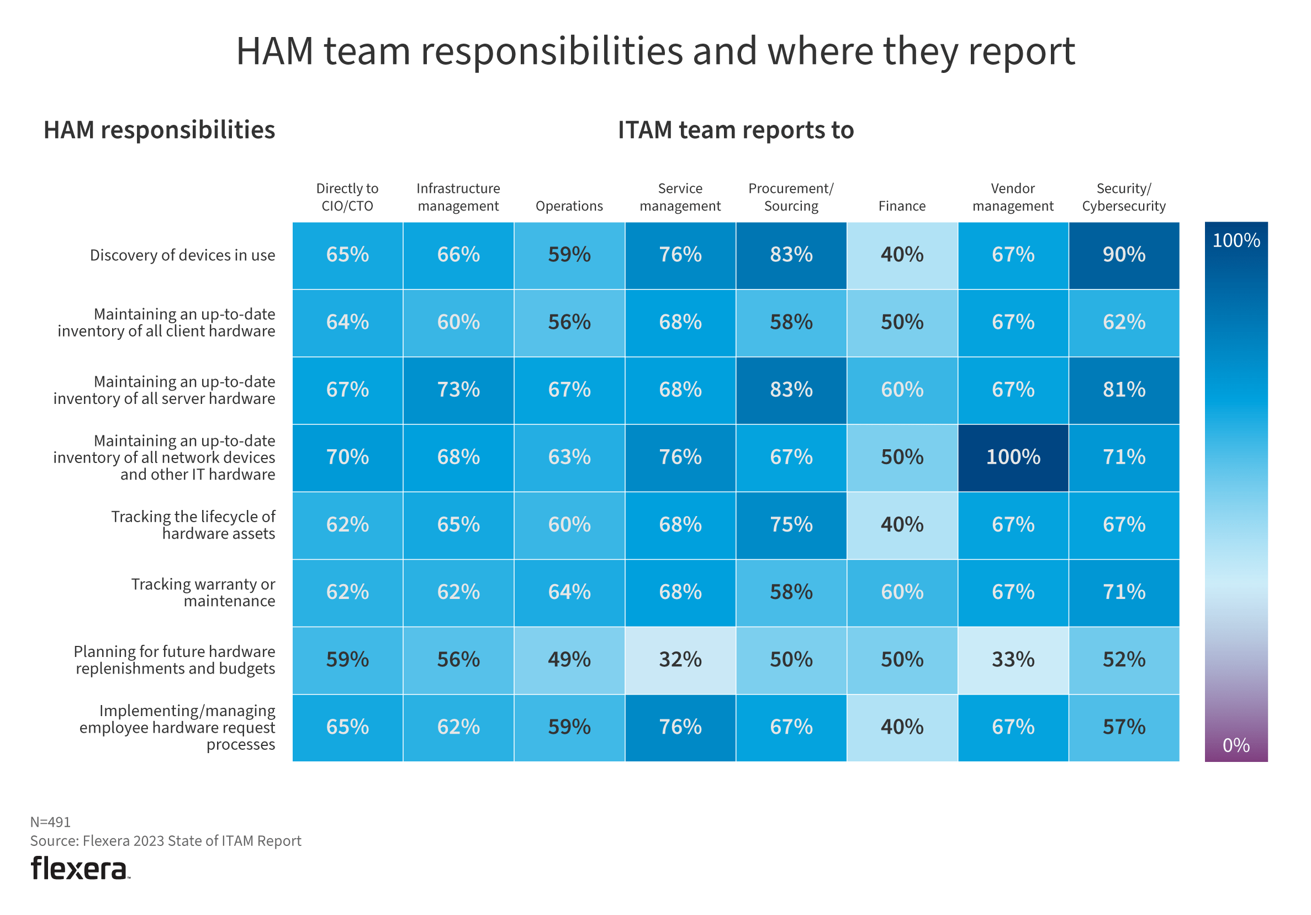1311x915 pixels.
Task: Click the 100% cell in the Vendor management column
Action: pyautogui.click(x=1012, y=457)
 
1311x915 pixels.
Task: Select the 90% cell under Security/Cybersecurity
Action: pyautogui.click(x=1123, y=255)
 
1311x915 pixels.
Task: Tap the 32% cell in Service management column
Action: pyautogui.click(x=680, y=660)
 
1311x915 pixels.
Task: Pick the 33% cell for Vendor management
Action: pyautogui.click(x=1012, y=660)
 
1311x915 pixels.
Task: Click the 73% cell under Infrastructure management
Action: pyautogui.click(x=458, y=390)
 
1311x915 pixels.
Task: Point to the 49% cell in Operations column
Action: pyautogui.click(x=569, y=660)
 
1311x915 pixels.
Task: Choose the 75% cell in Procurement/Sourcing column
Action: pyautogui.click(x=791, y=524)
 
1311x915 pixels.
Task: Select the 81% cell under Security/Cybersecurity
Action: pyautogui.click(x=1123, y=390)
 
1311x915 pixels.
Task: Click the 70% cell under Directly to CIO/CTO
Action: pyautogui.click(x=347, y=457)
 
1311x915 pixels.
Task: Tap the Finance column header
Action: pyautogui.click(x=902, y=206)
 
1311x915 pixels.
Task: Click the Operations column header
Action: pyautogui.click(x=569, y=206)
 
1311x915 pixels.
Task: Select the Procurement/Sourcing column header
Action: pyautogui.click(x=791, y=197)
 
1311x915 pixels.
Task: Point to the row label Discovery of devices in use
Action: pyautogui.click(x=182, y=255)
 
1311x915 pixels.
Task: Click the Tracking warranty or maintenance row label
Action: pyautogui.click(x=203, y=592)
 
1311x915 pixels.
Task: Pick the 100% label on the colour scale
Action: pyautogui.click(x=1236, y=240)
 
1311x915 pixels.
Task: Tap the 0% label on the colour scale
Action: pyautogui.click(x=1236, y=745)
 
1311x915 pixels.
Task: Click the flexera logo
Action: pyautogui.click(x=80, y=868)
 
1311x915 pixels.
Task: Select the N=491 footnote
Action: pyautogui.click(x=50, y=822)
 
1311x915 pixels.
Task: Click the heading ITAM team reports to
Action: pyautogui.click(x=736, y=130)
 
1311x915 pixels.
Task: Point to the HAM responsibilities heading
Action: pyautogui.click(x=159, y=130)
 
